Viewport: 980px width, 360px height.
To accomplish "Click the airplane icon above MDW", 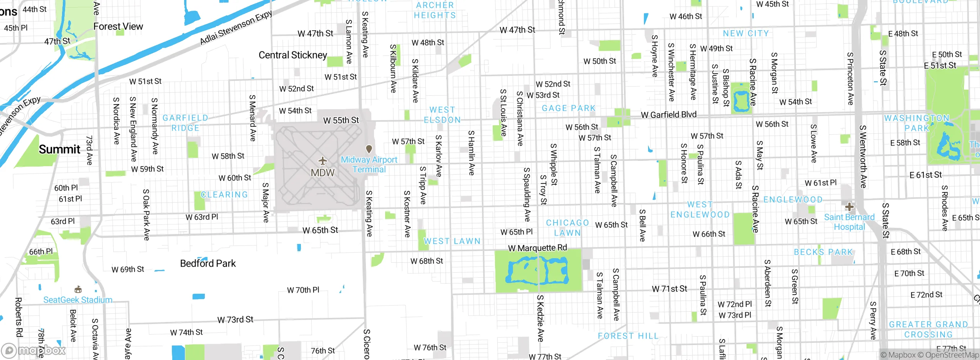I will [323, 160].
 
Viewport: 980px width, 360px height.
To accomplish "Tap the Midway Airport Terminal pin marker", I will [369, 149].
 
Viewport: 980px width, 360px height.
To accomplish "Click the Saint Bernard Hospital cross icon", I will [849, 207].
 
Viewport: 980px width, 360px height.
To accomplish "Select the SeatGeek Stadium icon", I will [78, 289].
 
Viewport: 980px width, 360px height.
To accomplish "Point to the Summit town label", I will [60, 149].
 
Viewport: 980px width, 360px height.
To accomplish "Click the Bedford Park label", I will [208, 263].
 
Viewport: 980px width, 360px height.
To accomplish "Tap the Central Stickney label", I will [293, 55].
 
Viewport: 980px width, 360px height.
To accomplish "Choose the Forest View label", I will [118, 26].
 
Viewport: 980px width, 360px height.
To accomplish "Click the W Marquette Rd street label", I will [537, 248].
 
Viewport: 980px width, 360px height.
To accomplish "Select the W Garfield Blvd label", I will [668, 115].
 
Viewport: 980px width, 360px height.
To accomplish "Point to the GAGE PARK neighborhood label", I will [569, 108].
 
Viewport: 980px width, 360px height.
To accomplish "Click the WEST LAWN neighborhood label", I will [452, 241].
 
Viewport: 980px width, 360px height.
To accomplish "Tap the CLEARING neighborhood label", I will [224, 195].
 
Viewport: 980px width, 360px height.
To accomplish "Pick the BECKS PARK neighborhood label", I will [823, 252].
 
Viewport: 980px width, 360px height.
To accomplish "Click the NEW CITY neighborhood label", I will [746, 34].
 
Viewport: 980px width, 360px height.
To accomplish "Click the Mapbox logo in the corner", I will [34, 350].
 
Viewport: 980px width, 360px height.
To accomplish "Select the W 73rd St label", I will [235, 319].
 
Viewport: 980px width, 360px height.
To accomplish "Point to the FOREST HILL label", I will [628, 336].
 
